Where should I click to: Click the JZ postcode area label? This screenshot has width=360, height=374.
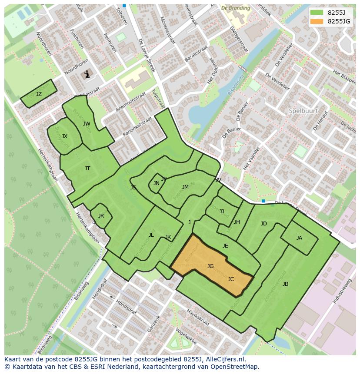tap(39, 94)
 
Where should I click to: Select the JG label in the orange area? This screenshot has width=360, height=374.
tap(210, 266)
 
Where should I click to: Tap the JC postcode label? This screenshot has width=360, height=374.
tap(231, 279)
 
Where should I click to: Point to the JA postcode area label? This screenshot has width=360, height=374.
tap(299, 238)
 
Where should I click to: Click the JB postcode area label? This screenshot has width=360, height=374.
tap(285, 284)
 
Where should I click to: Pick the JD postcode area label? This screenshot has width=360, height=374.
tap(263, 224)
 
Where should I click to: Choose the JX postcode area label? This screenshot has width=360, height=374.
tap(64, 136)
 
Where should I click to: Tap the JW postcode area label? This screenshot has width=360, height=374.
tap(87, 124)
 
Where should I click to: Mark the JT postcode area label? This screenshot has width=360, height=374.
tap(87, 169)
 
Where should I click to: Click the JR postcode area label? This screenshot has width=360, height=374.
tap(101, 216)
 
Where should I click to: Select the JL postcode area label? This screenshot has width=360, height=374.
tap(151, 235)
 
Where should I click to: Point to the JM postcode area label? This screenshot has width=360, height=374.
tap(185, 187)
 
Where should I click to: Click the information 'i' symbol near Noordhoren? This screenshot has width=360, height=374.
tap(87, 74)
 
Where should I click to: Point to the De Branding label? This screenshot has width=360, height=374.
tap(236, 8)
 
